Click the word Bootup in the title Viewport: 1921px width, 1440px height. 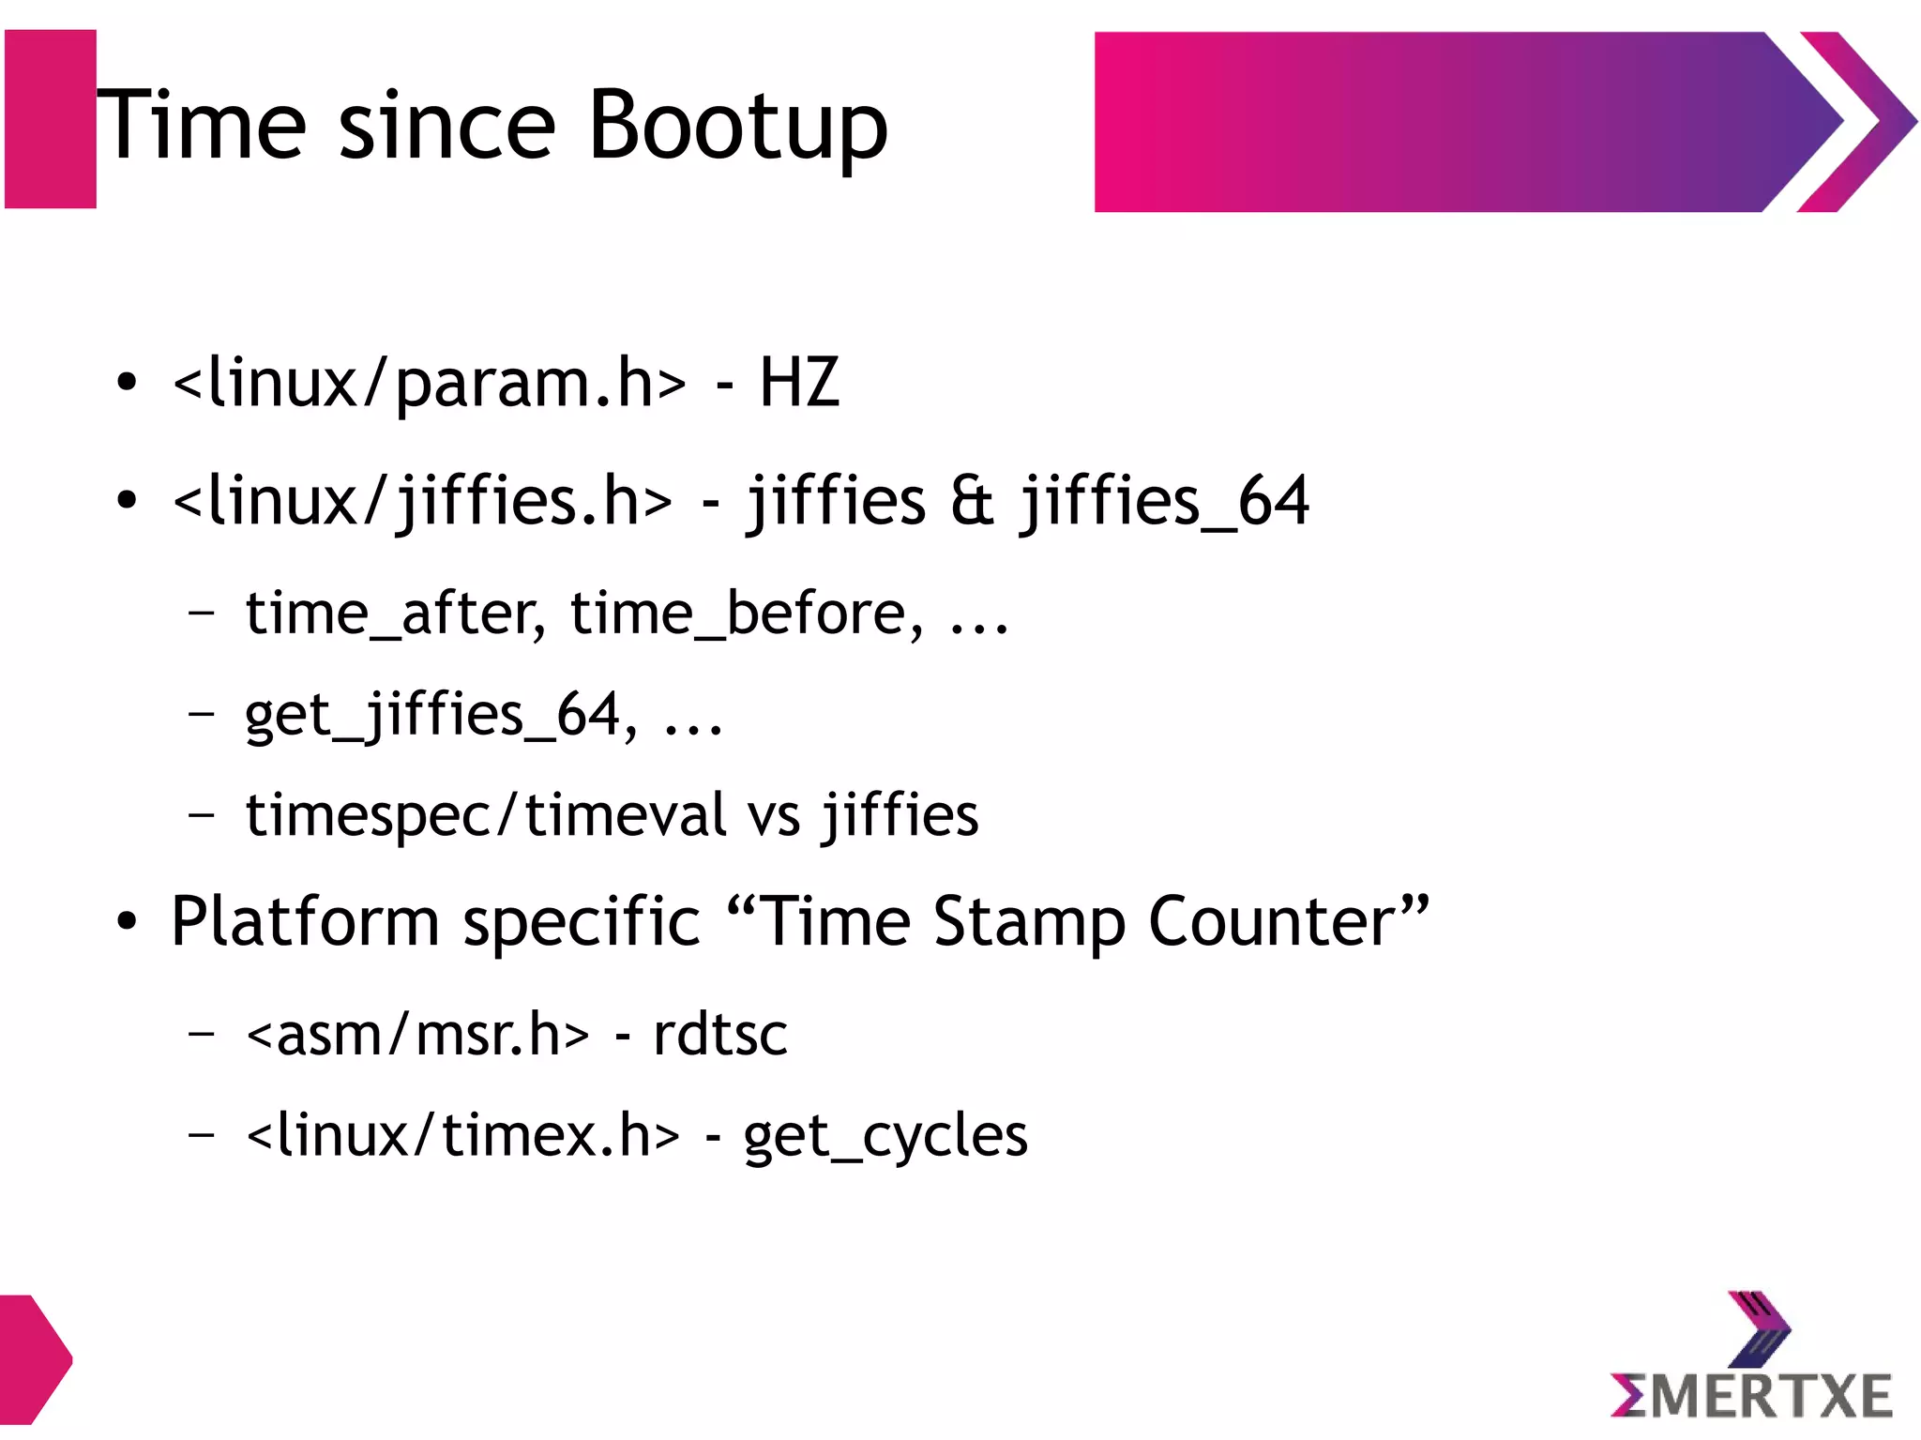click(737, 126)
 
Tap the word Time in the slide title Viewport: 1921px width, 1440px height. click(202, 126)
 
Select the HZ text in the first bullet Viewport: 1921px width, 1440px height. click(798, 383)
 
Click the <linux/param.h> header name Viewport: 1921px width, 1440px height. click(430, 383)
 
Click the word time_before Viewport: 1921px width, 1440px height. click(746, 614)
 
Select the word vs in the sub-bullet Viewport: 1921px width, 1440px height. click(774, 814)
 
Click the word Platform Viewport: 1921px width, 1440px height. click(304, 921)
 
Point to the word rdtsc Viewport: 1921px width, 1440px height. click(719, 1035)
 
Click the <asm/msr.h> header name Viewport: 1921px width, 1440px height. click(418, 1035)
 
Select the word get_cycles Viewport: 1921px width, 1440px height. click(885, 1136)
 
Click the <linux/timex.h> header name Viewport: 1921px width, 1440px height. click(462, 1136)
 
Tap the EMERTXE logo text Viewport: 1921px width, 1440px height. click(1750, 1395)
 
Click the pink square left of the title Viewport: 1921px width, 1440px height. click(51, 119)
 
